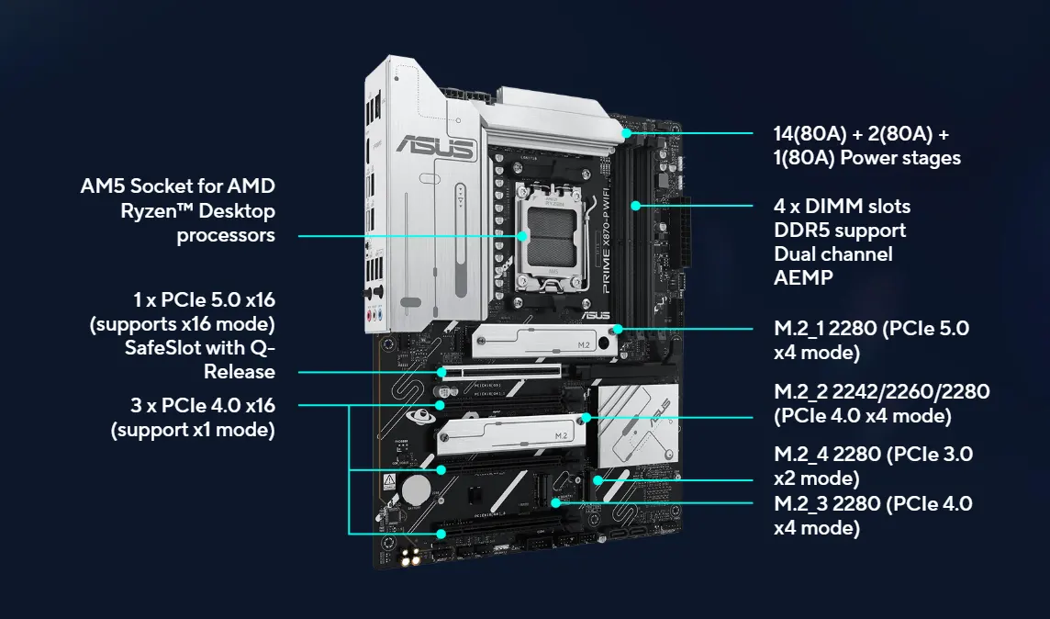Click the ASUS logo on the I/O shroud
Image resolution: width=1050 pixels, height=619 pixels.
[x=435, y=147]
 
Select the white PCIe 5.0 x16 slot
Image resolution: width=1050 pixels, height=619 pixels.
[x=499, y=373]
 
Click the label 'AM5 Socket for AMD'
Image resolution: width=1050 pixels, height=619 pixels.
[x=177, y=186]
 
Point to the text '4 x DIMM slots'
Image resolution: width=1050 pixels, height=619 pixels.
[x=842, y=206]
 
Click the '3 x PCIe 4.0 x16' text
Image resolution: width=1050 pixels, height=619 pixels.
[x=203, y=405]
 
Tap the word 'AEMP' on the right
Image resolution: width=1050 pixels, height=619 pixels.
[x=804, y=277]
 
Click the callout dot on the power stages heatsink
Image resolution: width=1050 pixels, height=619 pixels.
[x=626, y=132]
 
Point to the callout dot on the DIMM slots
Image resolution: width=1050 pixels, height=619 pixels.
[x=636, y=206]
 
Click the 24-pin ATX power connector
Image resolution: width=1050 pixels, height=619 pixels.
[x=685, y=231]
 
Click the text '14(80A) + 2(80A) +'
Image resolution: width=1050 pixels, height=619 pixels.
[x=861, y=134]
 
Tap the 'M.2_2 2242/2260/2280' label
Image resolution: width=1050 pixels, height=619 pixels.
[x=882, y=391]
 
